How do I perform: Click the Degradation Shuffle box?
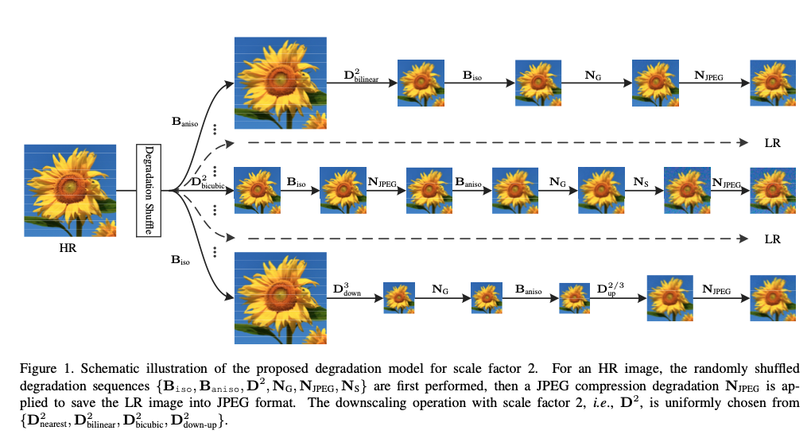point(149,191)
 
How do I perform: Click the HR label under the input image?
point(69,248)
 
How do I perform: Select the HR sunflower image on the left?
point(69,191)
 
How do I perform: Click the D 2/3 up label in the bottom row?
point(612,287)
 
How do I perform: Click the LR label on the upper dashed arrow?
point(771,143)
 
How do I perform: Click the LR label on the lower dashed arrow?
point(771,238)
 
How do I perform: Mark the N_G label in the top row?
point(592,76)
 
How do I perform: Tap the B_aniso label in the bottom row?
point(528,290)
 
